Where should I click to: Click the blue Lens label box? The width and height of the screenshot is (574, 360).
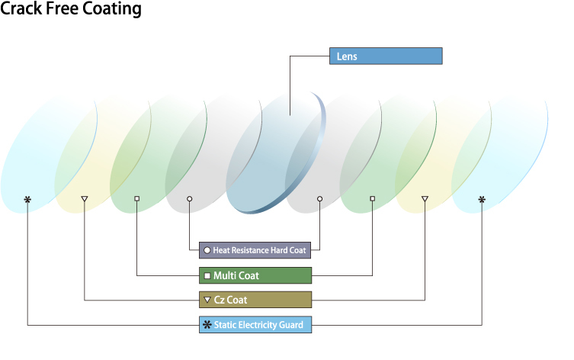coord(385,56)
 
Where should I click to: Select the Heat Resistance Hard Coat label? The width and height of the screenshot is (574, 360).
coord(255,250)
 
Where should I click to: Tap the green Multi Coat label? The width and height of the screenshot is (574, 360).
coord(255,275)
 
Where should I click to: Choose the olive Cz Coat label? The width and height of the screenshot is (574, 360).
coord(255,300)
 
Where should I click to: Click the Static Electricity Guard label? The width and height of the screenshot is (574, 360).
coord(255,325)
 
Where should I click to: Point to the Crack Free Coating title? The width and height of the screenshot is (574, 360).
coord(71,10)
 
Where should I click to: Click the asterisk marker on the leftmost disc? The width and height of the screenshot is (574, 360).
coord(27,200)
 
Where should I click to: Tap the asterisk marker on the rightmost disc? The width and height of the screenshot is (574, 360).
coord(481,199)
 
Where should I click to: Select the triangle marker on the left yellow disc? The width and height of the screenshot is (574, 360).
coord(85,199)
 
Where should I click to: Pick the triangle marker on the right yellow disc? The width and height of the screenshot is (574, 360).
coord(425,199)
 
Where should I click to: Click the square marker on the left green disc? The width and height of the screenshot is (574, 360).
coord(137,199)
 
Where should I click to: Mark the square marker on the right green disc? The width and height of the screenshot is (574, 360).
coord(372,199)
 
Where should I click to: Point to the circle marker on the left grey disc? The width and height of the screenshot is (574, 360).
coord(189,199)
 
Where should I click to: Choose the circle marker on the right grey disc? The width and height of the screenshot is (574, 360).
coord(319,199)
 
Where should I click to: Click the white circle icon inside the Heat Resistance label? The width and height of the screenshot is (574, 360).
coord(207,251)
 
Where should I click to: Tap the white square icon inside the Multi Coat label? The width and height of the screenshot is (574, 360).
coord(207,275)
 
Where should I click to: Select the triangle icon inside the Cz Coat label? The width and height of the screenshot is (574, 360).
coord(207,300)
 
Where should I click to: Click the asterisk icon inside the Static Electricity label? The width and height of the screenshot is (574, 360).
coord(207,325)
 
